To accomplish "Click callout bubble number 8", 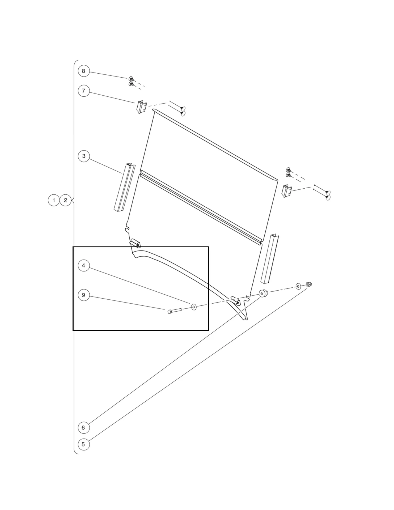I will point(84,71).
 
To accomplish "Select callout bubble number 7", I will point(84,91).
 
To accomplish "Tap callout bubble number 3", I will point(84,156).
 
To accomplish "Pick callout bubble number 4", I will point(84,265).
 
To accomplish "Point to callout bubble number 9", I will point(84,295).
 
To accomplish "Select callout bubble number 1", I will point(54,200).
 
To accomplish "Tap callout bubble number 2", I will point(65,200).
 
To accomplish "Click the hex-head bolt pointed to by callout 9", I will point(175,311).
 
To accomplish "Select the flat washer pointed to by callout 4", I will point(194,307).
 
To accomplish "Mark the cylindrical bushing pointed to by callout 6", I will point(263,294).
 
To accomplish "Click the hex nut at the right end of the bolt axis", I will point(309,284).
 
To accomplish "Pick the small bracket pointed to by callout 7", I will point(142,107).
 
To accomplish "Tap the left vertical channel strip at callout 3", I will point(124,187).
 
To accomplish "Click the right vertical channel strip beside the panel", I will point(269,259).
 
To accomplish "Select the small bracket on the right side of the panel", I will point(287,191).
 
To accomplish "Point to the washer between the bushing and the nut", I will point(298,286).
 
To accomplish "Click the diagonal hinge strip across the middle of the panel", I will point(201,207).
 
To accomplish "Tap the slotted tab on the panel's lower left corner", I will point(135,243).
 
